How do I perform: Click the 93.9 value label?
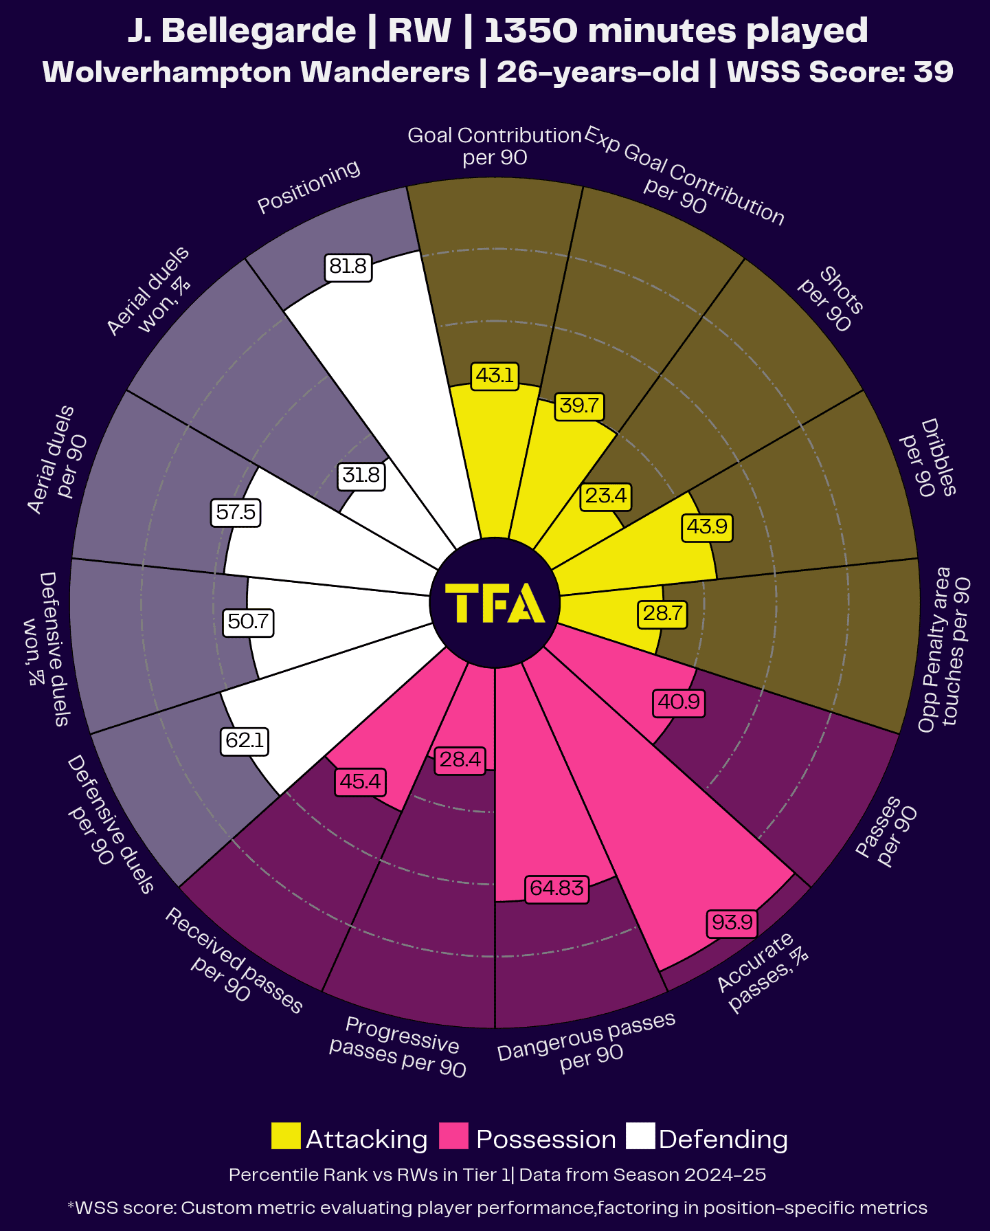732,922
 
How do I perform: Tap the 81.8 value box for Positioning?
348,267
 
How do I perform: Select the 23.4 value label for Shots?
605,496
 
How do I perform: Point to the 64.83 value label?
556,889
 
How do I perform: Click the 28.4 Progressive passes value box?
460,759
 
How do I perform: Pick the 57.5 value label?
236,513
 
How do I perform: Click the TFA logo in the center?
495,603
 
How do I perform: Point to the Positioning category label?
308,187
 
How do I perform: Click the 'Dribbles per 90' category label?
927,458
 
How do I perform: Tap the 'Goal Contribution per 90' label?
495,146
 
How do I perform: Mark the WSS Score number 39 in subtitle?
933,72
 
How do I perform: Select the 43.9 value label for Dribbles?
706,527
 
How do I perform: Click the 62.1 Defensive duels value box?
245,741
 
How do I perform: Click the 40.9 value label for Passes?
678,702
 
